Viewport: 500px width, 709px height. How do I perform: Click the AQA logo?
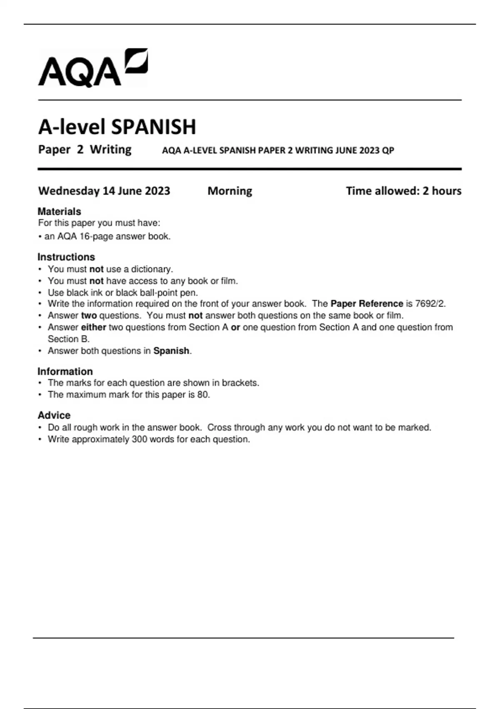(x=93, y=68)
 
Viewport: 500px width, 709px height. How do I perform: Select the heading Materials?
(x=59, y=211)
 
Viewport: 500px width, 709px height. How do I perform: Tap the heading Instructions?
(x=66, y=257)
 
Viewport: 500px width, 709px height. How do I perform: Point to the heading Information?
(x=65, y=371)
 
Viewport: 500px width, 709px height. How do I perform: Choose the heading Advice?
(x=54, y=415)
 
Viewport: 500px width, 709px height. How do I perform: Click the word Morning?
(x=230, y=191)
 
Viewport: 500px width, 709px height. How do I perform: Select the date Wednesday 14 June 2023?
(x=104, y=191)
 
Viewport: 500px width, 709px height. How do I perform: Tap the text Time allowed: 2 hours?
(x=403, y=191)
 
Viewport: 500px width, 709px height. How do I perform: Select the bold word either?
(x=93, y=327)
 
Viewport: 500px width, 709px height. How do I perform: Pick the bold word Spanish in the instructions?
(x=171, y=351)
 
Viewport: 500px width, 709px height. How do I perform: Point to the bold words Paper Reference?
(x=367, y=304)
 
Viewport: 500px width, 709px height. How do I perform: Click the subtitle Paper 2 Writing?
(x=85, y=149)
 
